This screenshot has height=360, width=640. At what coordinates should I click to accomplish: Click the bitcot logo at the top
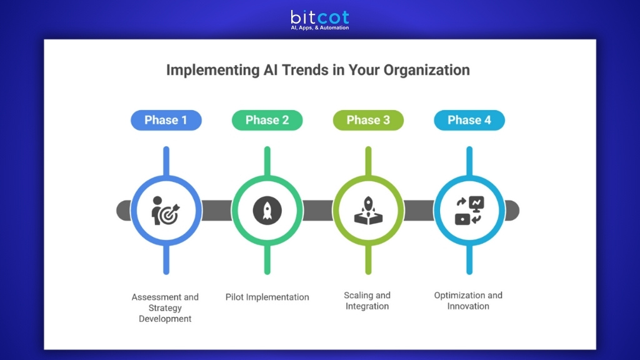pos(319,16)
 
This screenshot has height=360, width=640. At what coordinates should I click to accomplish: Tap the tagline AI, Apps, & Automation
pos(319,27)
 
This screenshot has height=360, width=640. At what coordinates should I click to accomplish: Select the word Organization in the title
pos(426,70)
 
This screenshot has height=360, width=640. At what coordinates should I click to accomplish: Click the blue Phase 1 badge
pos(166,120)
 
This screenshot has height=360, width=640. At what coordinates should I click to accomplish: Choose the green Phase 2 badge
pos(267,120)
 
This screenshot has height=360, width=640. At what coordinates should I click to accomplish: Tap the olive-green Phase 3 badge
pos(368,120)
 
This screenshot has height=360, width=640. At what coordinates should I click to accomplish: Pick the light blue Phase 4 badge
pos(469,120)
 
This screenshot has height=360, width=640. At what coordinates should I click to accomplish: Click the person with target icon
pos(166,211)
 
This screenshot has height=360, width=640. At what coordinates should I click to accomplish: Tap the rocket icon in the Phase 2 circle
pos(267,211)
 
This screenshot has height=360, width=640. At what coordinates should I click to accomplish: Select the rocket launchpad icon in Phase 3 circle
pos(368,211)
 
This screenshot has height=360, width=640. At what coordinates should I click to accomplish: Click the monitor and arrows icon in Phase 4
pos(469,211)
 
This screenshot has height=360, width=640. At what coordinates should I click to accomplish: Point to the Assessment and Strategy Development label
pos(165,307)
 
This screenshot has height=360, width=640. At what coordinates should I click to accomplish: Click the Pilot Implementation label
pos(267,297)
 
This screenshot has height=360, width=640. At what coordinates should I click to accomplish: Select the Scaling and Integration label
pos(367,301)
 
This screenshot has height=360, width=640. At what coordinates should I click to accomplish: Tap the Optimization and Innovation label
pos(468,301)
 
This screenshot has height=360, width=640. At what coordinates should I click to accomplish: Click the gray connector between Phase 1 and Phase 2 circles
pos(216,211)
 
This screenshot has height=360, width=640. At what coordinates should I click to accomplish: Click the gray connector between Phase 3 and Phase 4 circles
pos(419,211)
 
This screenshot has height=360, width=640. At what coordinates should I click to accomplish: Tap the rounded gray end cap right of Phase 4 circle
pos(512,211)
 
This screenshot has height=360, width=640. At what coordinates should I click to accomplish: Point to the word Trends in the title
pos(304,70)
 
